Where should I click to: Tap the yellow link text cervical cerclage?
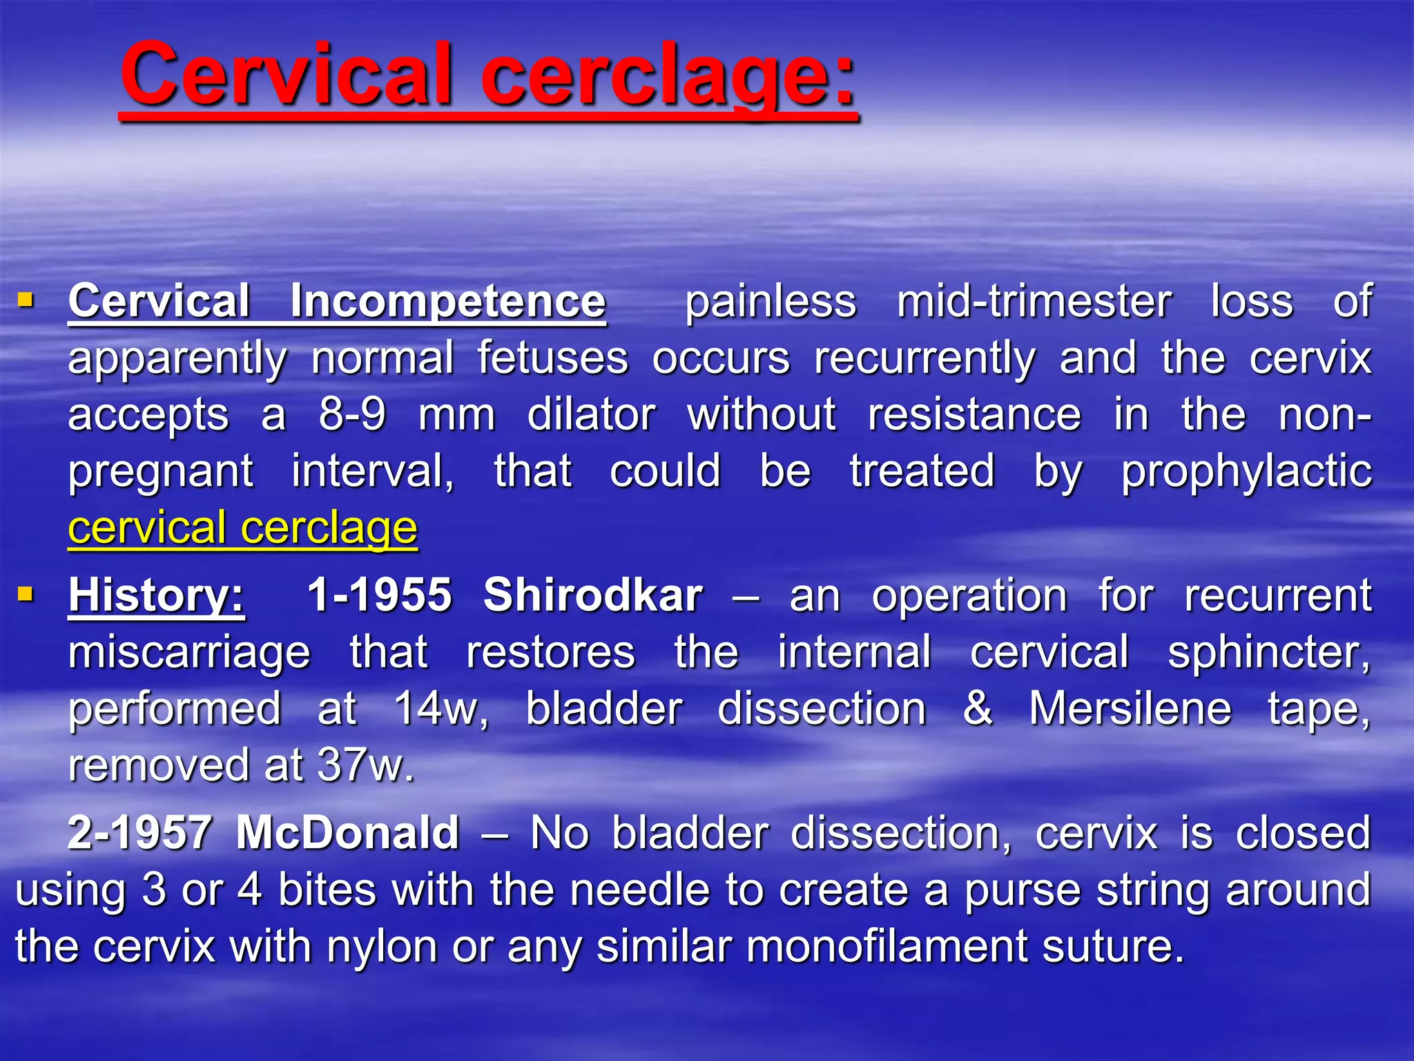pos(242,528)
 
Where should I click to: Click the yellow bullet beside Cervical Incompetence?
pos(26,300)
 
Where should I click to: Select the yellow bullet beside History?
pos(26,593)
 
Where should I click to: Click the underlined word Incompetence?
pos(447,302)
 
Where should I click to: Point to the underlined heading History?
pos(156,595)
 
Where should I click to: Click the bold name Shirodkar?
pos(592,595)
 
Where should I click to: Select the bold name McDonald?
pos(347,832)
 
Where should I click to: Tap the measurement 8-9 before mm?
pos(352,415)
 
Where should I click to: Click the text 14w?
pos(441,709)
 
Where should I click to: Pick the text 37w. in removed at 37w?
pos(365,766)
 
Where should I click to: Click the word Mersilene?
pos(1130,709)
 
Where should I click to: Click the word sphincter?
pos(1268,653)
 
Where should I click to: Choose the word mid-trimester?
pos(1034,302)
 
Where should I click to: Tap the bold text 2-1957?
pos(139,832)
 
